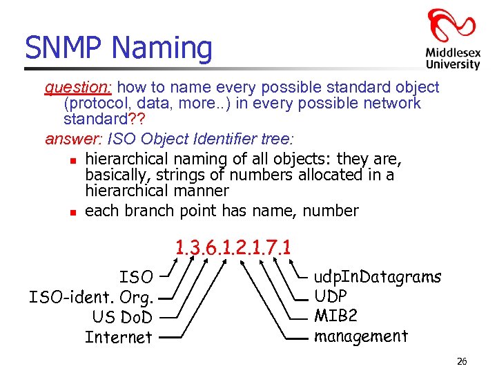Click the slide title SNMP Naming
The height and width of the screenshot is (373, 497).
point(119,48)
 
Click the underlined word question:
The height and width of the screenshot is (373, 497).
point(80,88)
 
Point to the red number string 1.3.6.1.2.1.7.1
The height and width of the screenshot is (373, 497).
point(233,247)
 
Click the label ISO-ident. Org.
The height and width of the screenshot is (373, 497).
point(91,298)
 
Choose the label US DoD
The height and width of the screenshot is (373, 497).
point(122,318)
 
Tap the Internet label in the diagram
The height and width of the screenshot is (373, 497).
point(119,338)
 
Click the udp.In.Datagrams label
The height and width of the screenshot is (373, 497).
point(377,277)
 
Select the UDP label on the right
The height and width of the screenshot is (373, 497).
point(330,296)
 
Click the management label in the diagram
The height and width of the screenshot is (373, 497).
point(360,336)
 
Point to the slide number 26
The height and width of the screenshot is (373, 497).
point(462,361)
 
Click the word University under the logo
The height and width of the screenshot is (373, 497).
point(452,64)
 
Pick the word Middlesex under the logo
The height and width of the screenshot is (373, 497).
point(452,52)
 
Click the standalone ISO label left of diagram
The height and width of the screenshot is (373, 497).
point(136,278)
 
